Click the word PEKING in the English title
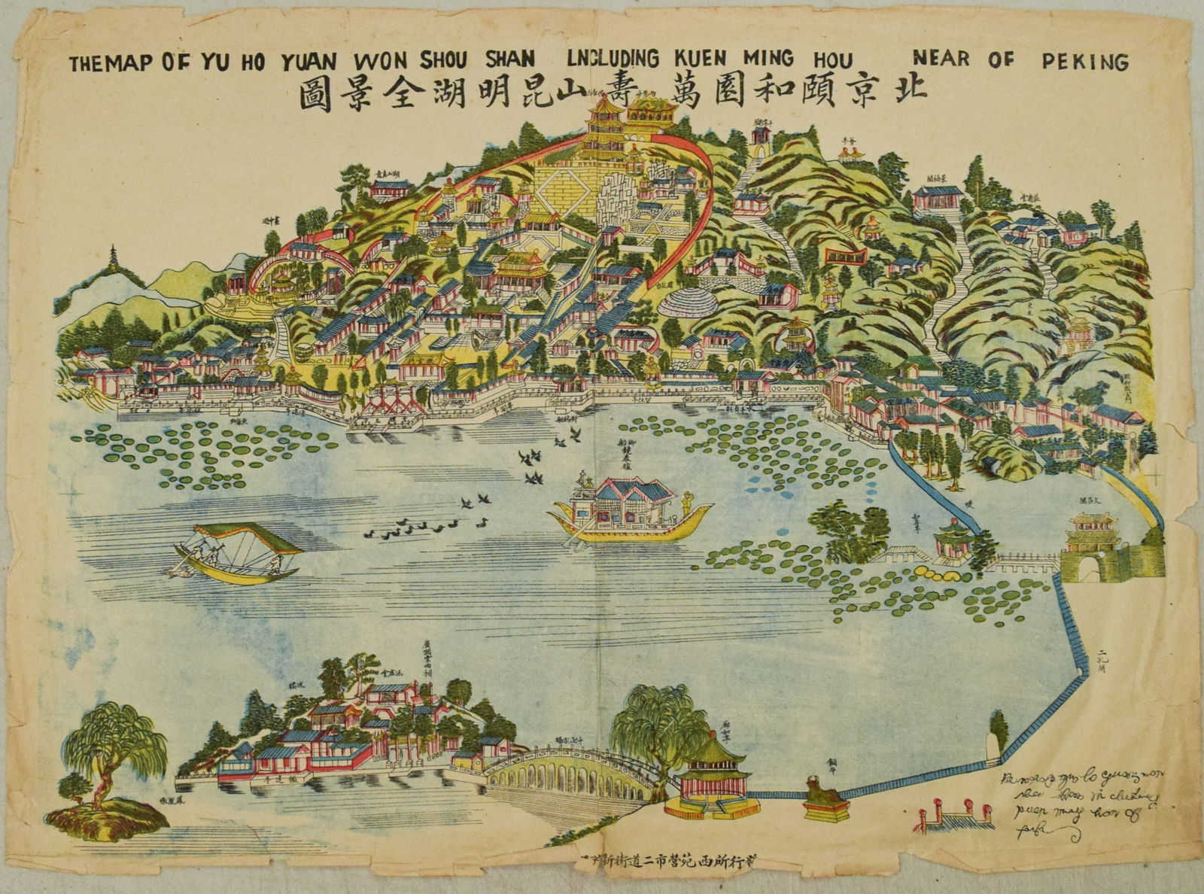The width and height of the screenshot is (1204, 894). coord(1085,61)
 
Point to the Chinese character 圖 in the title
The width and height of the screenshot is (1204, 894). coord(315,96)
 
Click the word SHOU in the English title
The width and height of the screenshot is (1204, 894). coord(446,60)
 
